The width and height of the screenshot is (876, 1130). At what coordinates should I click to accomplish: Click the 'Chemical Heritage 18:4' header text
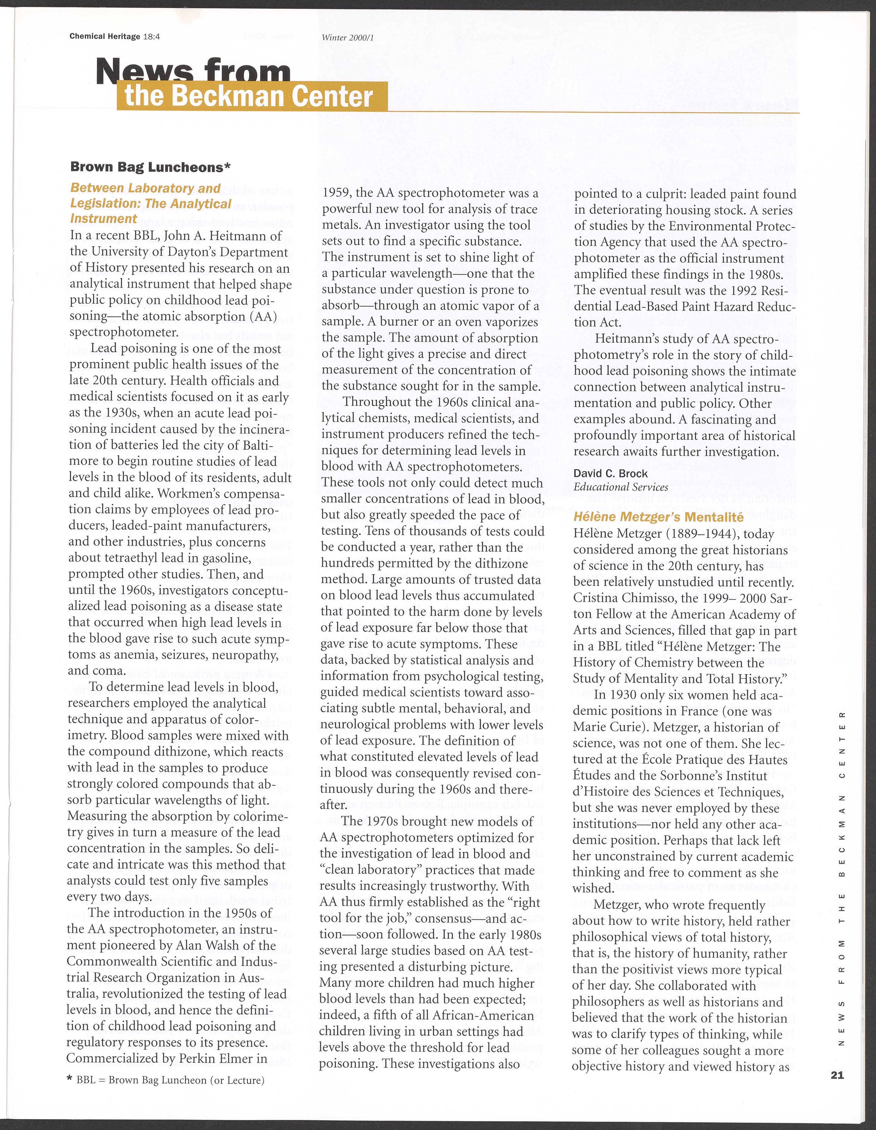(115, 36)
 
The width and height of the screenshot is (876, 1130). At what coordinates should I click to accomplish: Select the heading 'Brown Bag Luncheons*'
(150, 167)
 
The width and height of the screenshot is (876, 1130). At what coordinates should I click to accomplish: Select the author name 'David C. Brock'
(610, 473)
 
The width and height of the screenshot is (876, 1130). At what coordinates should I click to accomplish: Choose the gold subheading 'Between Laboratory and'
(145, 188)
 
